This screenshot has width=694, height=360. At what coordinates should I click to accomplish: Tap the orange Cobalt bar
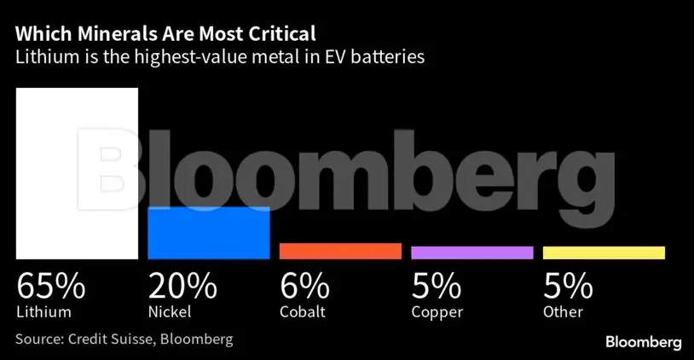[340, 251]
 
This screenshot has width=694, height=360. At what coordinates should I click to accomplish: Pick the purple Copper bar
[471, 253]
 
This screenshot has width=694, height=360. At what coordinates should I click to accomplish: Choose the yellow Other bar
[604, 253]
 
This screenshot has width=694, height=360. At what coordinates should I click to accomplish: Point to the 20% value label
[183, 285]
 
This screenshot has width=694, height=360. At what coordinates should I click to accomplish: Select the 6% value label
[304, 285]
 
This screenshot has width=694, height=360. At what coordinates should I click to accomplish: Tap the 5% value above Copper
[436, 285]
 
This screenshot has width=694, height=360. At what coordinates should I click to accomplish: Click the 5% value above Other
[567, 285]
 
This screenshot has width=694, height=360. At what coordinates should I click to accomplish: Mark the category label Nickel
[170, 311]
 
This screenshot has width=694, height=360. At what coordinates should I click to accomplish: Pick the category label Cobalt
[303, 311]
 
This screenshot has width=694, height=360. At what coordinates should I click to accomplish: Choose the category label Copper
[437, 312]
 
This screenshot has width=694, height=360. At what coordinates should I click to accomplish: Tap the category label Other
[563, 311]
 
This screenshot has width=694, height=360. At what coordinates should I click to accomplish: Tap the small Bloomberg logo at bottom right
[643, 342]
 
